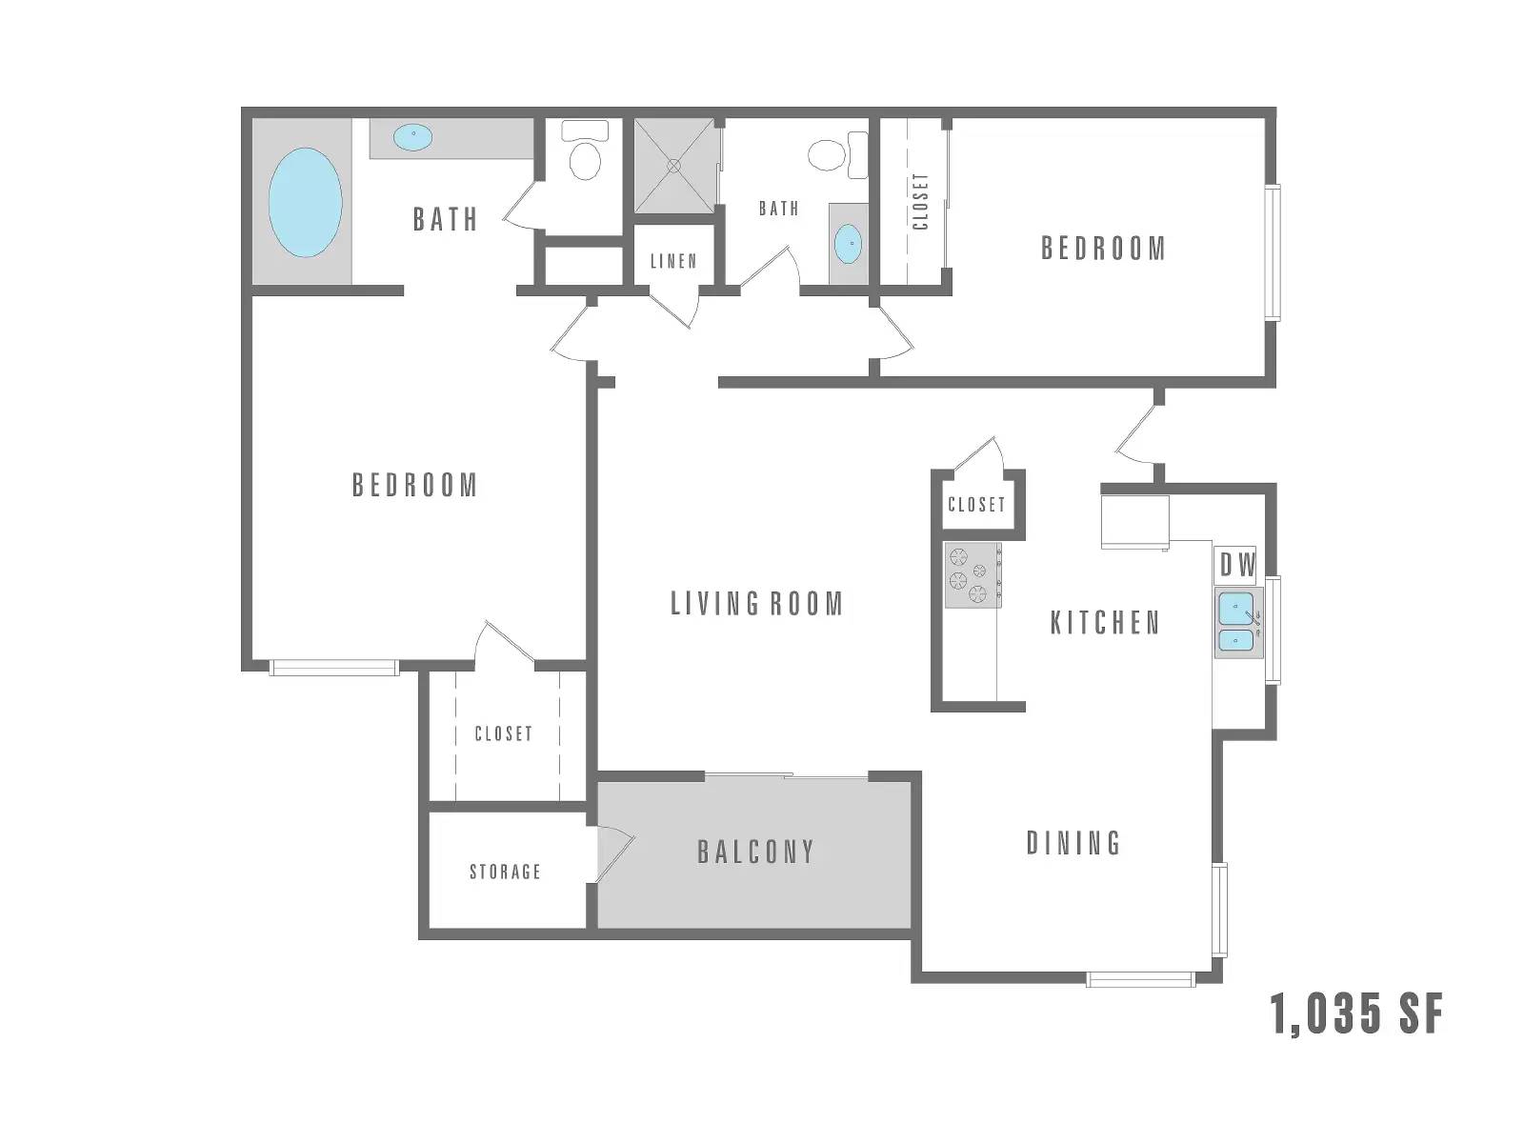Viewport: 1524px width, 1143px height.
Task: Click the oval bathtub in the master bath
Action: coord(305,202)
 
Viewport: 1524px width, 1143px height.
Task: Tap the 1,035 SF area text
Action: coord(1356,1013)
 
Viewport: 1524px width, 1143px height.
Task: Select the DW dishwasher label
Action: coord(1238,566)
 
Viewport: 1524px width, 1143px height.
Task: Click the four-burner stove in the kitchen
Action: coord(973,575)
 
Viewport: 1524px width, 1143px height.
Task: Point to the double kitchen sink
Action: coord(1238,623)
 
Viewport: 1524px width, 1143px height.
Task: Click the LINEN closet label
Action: coord(673,261)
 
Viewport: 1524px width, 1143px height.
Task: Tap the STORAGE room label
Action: coord(505,872)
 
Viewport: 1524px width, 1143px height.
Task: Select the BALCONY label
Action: coord(755,852)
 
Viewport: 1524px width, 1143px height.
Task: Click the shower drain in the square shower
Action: coord(673,165)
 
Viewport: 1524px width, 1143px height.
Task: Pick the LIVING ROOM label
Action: coord(757,604)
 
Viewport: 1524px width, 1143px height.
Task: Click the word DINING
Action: coord(1073,843)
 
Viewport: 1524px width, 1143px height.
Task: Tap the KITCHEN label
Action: coord(1105,623)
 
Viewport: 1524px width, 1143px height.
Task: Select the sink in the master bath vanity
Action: coord(413,137)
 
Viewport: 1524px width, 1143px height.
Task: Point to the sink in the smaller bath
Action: coord(848,244)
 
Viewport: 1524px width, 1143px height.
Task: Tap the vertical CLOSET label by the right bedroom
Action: coord(921,201)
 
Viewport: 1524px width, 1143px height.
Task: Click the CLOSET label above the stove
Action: coord(976,505)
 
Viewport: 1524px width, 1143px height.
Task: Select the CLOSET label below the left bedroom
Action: coord(503,733)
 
